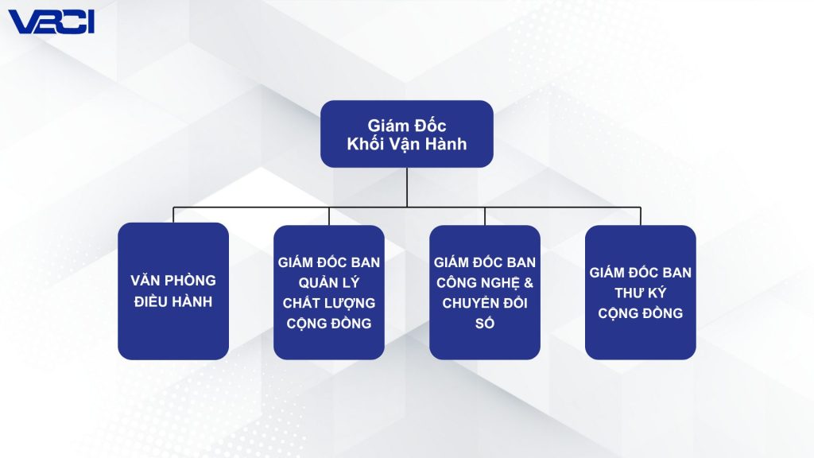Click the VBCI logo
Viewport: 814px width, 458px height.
52,21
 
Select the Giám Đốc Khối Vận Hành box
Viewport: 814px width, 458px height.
406,134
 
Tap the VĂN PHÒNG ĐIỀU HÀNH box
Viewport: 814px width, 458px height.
173,291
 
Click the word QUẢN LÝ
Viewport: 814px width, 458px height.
328,283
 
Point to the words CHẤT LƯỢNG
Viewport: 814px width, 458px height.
328,303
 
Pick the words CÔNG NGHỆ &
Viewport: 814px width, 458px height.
484,283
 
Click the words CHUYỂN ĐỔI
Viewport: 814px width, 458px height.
484,303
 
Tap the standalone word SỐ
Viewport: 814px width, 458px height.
484,323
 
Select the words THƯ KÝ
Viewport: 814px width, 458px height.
640,293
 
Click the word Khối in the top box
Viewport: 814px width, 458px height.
366,144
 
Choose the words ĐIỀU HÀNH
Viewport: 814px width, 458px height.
173,301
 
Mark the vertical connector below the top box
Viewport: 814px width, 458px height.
406,188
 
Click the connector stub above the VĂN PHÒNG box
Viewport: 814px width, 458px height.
173,215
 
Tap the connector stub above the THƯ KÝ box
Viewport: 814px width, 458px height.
641,216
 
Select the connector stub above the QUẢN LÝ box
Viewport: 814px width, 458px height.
329,216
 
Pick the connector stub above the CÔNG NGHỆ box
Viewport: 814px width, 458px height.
485,216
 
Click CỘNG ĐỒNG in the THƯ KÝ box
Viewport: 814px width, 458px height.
640,313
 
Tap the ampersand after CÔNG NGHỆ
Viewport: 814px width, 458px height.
529,283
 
